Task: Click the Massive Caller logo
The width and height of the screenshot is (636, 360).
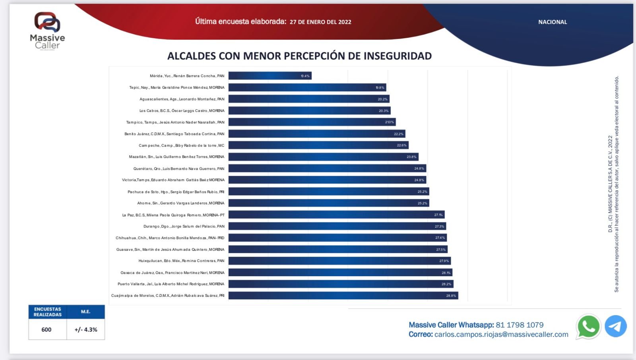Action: (47, 31)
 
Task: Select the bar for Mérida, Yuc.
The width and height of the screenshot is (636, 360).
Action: (270, 75)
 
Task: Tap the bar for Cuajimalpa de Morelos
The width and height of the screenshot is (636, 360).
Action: (343, 296)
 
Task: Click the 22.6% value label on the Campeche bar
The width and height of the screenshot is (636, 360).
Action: (401, 145)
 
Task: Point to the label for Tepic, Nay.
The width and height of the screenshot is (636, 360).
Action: (176, 87)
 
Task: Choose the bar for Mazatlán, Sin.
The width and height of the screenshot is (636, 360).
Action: (323, 157)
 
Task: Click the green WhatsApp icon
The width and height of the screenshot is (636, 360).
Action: (588, 326)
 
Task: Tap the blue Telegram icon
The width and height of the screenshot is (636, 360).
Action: (615, 326)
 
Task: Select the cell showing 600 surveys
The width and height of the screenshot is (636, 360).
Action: (47, 329)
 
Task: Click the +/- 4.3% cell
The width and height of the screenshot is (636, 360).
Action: (86, 329)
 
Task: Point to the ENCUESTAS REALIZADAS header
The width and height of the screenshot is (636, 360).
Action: (47, 312)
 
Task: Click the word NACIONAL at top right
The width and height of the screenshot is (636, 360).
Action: (553, 22)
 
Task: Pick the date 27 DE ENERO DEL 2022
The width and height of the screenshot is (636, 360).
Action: (320, 22)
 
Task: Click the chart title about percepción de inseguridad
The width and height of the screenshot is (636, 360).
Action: (299, 56)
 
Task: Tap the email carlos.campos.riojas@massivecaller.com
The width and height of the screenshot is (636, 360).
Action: (501, 335)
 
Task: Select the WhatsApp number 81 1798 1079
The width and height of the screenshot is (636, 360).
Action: (520, 325)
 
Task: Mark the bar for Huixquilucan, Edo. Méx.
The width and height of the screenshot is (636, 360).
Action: (339, 261)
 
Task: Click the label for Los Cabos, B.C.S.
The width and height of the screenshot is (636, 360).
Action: (182, 111)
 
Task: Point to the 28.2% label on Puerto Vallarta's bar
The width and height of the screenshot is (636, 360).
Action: (446, 284)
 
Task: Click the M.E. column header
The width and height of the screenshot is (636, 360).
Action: (85, 312)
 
